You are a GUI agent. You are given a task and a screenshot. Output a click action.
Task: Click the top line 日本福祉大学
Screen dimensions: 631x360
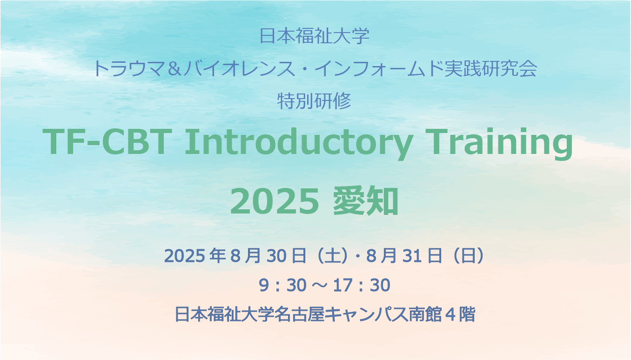tap(314, 36)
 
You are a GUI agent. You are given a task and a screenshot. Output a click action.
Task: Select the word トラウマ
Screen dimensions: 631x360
tap(129, 69)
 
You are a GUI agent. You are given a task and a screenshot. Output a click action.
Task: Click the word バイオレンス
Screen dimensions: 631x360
tap(239, 69)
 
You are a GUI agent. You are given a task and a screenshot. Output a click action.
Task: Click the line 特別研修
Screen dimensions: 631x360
tap(314, 101)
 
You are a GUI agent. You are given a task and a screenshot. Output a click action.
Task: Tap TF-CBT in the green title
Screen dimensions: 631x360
tap(107, 142)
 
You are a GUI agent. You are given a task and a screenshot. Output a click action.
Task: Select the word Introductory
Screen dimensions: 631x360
tap(299, 144)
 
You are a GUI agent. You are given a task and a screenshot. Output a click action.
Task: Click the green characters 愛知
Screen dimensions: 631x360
tap(366, 201)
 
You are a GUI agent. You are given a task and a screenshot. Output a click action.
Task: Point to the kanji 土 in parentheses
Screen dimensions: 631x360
tap(332, 255)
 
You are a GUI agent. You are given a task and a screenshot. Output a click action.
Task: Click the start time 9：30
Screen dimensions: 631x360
tap(282, 285)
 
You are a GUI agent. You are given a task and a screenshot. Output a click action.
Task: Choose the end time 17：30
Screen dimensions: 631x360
tap(362, 285)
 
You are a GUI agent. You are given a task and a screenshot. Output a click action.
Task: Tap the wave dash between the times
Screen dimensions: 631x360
tap(319, 286)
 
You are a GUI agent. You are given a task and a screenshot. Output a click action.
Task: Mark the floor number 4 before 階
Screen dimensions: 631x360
tap(450, 314)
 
